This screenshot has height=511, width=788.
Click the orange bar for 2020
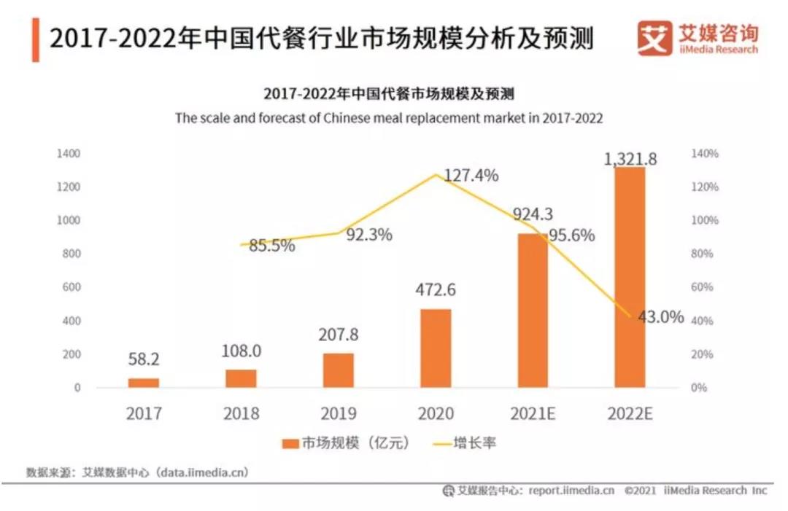436,348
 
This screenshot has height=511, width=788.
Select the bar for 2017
144,383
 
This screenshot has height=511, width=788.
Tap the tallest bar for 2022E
630,277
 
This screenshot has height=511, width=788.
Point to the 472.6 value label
436,290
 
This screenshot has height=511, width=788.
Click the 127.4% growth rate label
471,176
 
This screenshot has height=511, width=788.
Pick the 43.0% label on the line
660,317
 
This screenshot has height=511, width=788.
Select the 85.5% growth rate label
271,246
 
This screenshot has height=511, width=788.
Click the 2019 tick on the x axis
338,414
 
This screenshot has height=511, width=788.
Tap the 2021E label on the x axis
533,414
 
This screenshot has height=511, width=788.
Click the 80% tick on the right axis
704,254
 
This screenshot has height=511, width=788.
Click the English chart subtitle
389,118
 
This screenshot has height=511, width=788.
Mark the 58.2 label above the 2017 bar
144,359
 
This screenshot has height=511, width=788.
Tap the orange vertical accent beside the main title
36,41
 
